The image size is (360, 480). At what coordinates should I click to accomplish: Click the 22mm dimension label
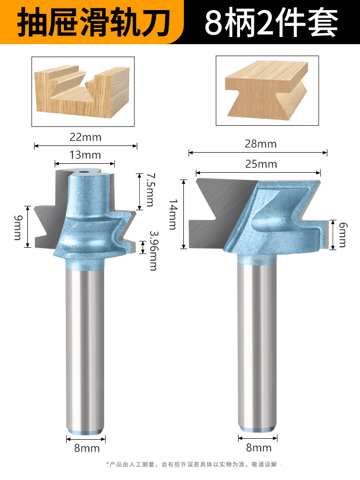[x=85, y=137]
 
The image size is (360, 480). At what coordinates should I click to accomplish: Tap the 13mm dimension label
[x=85, y=155]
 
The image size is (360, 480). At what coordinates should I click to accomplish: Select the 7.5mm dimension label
[x=150, y=190]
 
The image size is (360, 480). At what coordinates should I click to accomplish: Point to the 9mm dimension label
[x=18, y=228]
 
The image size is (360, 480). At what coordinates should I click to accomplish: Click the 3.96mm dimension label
[x=153, y=251]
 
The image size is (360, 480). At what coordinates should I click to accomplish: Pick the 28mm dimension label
[x=261, y=144]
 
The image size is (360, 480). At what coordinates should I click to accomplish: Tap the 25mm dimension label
[x=261, y=164]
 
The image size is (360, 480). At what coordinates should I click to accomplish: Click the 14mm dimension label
[x=173, y=214]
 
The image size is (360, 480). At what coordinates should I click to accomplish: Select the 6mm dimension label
[x=343, y=235]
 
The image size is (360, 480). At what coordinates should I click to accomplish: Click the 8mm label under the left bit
[x=86, y=448]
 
